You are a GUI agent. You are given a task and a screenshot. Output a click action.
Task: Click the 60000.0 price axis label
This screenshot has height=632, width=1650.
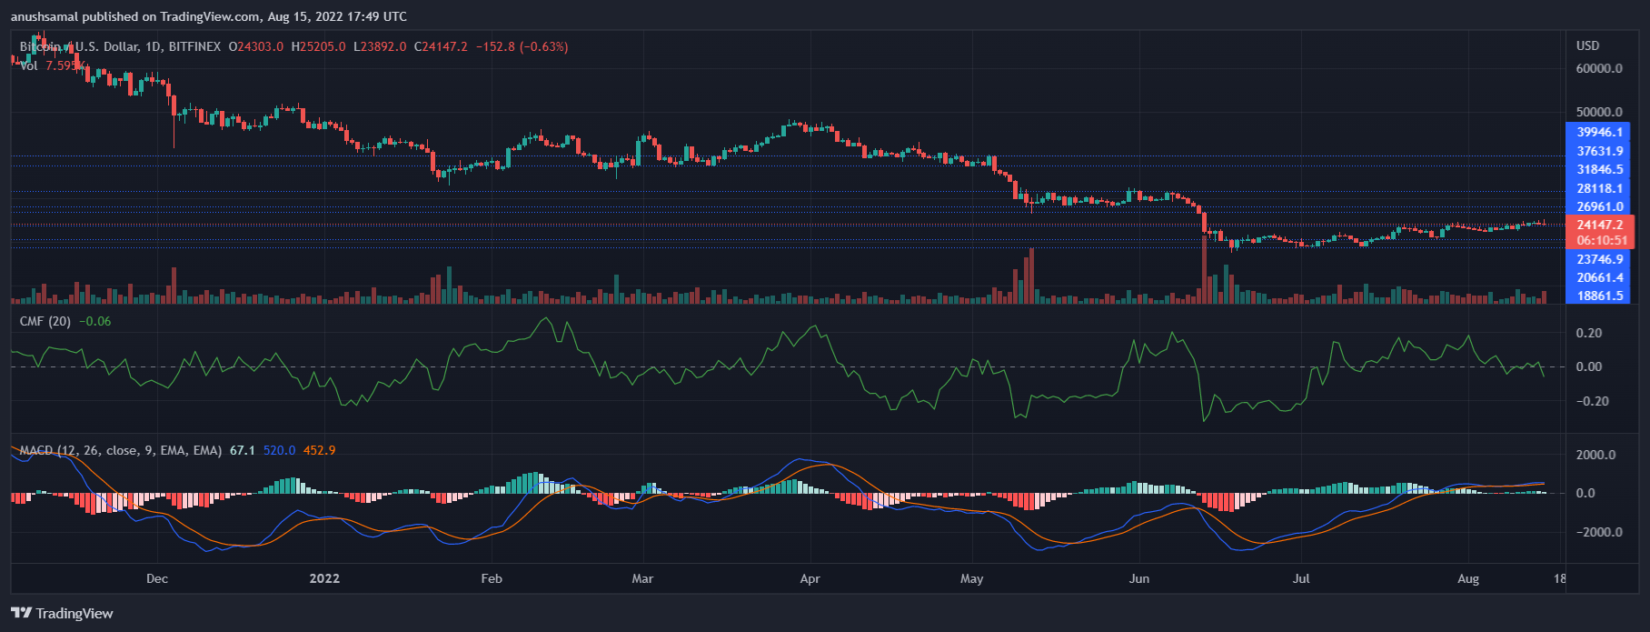(x=1599, y=68)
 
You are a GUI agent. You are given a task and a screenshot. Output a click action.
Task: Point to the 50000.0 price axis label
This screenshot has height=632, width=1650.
(x=1599, y=112)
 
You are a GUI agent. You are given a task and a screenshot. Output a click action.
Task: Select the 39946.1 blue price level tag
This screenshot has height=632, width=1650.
(x=1599, y=132)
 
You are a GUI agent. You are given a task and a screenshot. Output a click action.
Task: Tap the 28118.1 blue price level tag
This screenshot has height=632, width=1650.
(x=1599, y=188)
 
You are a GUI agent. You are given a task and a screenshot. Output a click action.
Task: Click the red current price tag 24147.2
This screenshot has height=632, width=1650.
(x=1599, y=225)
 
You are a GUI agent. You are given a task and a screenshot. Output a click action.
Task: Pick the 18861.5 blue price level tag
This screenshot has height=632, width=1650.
(x=1599, y=296)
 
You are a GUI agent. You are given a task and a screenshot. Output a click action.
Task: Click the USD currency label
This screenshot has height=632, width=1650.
(x=1587, y=45)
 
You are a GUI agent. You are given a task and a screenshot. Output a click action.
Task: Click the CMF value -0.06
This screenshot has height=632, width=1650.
(x=95, y=321)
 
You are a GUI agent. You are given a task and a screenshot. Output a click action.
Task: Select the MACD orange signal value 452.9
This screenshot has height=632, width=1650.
(x=319, y=450)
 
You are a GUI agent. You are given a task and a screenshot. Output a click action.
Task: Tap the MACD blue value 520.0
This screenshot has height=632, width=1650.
(x=279, y=450)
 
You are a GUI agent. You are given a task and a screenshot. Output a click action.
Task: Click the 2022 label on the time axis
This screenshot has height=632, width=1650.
(x=324, y=578)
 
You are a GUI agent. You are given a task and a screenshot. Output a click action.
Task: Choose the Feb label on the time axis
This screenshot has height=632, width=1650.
(x=492, y=578)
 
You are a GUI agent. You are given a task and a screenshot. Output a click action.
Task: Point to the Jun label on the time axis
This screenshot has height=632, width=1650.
(x=1138, y=578)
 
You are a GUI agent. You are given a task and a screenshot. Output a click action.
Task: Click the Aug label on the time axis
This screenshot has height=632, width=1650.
(x=1468, y=578)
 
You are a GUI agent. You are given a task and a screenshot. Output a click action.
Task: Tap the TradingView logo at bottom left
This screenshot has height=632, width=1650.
(x=62, y=613)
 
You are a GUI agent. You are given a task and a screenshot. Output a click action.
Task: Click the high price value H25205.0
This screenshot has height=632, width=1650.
(x=318, y=46)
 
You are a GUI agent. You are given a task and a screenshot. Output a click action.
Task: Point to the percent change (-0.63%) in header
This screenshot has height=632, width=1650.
(x=543, y=46)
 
